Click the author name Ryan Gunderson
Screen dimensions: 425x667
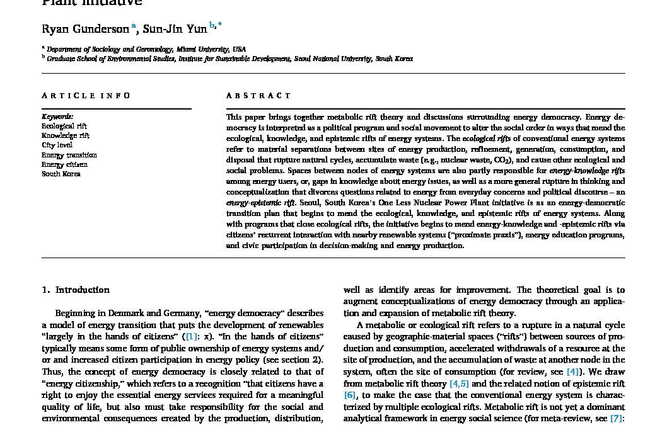pos(85,29)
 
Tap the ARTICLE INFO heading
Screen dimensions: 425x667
pos(86,96)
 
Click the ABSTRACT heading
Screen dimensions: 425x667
pos(258,96)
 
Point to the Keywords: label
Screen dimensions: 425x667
pos(57,116)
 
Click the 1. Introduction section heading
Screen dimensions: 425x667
pos(76,290)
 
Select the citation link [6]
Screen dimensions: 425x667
pos(350,395)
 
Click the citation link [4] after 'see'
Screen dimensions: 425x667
pos(573,371)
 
